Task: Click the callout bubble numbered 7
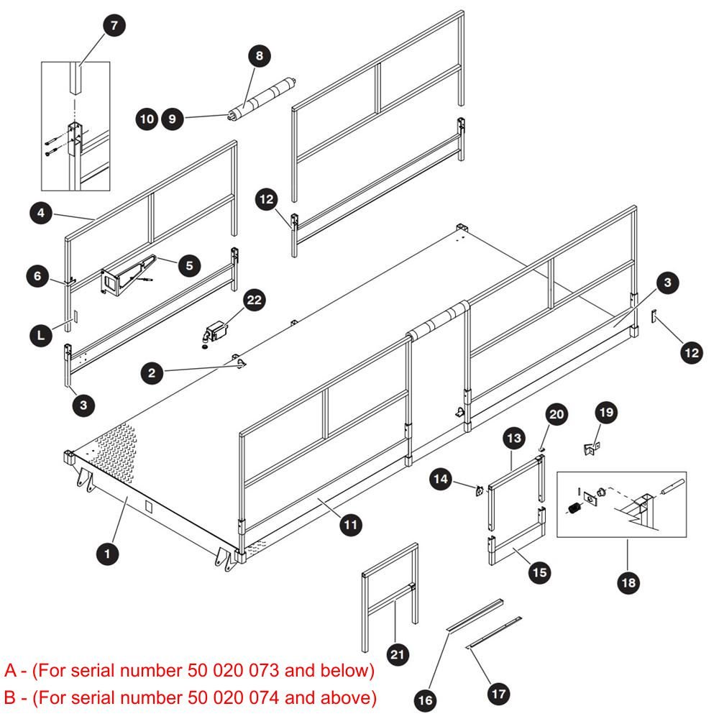(x=114, y=26)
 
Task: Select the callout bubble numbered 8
(x=260, y=56)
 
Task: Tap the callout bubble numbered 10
(x=147, y=119)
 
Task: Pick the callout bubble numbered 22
(x=254, y=301)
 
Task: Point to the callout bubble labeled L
(x=41, y=335)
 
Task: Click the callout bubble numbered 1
(x=108, y=554)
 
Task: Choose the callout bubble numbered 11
(x=351, y=525)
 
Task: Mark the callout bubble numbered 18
(x=628, y=583)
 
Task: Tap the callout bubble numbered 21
(x=398, y=654)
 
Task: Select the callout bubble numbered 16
(x=425, y=700)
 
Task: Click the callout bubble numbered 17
(x=499, y=695)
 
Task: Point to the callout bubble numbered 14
(x=441, y=479)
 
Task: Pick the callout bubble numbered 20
(x=557, y=415)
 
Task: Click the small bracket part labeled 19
(x=592, y=448)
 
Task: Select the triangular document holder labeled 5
(x=126, y=275)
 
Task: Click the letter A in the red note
(x=10, y=670)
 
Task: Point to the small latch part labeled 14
(x=480, y=491)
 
